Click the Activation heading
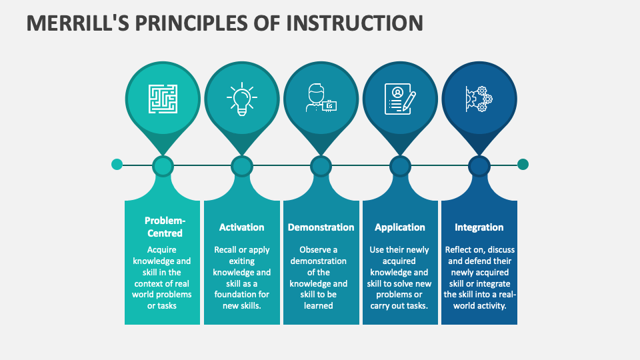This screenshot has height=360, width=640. (241, 227)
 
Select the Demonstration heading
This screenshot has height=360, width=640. (321, 227)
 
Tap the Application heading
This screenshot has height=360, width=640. (400, 227)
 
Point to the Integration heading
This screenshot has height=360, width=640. (479, 227)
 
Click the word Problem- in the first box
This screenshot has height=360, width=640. (165, 221)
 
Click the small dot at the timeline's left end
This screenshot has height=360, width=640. (117, 164)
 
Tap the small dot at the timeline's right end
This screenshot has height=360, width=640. (523, 164)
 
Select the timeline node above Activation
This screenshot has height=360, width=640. (242, 165)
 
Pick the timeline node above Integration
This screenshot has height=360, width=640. (479, 165)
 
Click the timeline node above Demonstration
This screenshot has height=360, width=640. (321, 165)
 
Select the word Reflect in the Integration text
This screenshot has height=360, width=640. (459, 249)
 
